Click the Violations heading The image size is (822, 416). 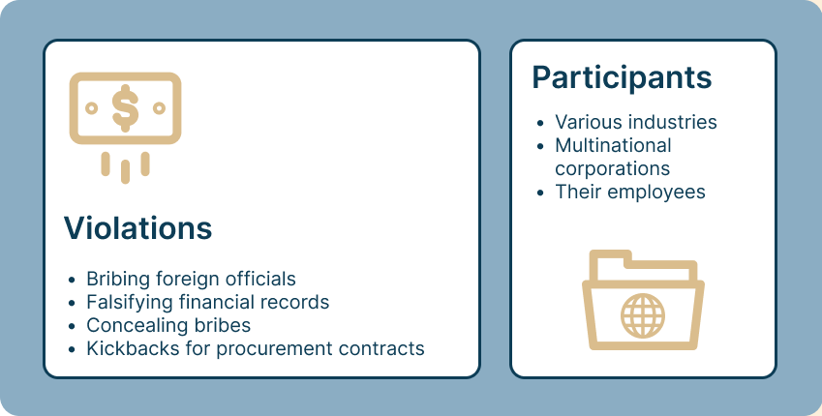coord(137,228)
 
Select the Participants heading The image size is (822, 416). coord(622,77)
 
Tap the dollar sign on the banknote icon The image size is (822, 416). coord(125,105)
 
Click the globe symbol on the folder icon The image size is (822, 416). coord(643,315)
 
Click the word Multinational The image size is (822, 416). coord(613,146)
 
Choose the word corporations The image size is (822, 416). coord(613,168)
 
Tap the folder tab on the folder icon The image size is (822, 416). coord(610,259)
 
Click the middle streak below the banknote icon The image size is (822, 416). coord(125,171)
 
